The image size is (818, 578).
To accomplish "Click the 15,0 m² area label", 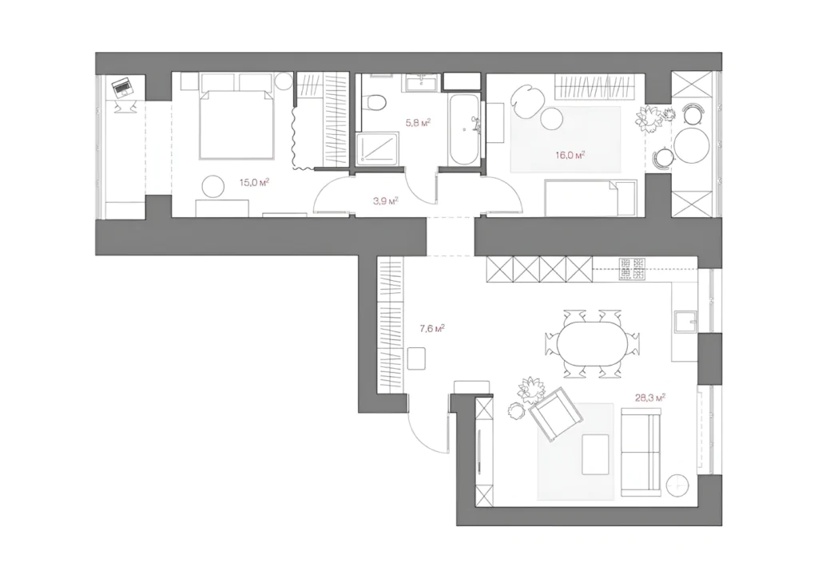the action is (254, 182).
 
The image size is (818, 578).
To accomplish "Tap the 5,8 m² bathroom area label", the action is (418, 122).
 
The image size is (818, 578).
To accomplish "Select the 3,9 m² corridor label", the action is (386, 200).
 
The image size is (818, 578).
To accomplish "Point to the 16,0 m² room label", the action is (570, 155).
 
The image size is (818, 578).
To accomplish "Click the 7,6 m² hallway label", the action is (432, 328).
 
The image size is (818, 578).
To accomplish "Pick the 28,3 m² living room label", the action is (650, 398).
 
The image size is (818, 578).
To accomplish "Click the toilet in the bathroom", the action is (375, 101).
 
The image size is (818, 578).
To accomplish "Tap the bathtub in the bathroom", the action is (464, 129).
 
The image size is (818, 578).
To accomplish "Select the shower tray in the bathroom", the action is (378, 149).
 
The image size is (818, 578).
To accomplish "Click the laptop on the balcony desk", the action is (123, 86).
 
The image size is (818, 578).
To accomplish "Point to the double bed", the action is (236, 124).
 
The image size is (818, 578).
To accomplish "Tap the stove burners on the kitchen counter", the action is (632, 270).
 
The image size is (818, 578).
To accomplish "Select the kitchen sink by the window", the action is (685, 322).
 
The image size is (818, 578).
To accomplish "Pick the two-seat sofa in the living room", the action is (641, 453).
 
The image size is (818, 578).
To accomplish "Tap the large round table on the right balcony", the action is (691, 145).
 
